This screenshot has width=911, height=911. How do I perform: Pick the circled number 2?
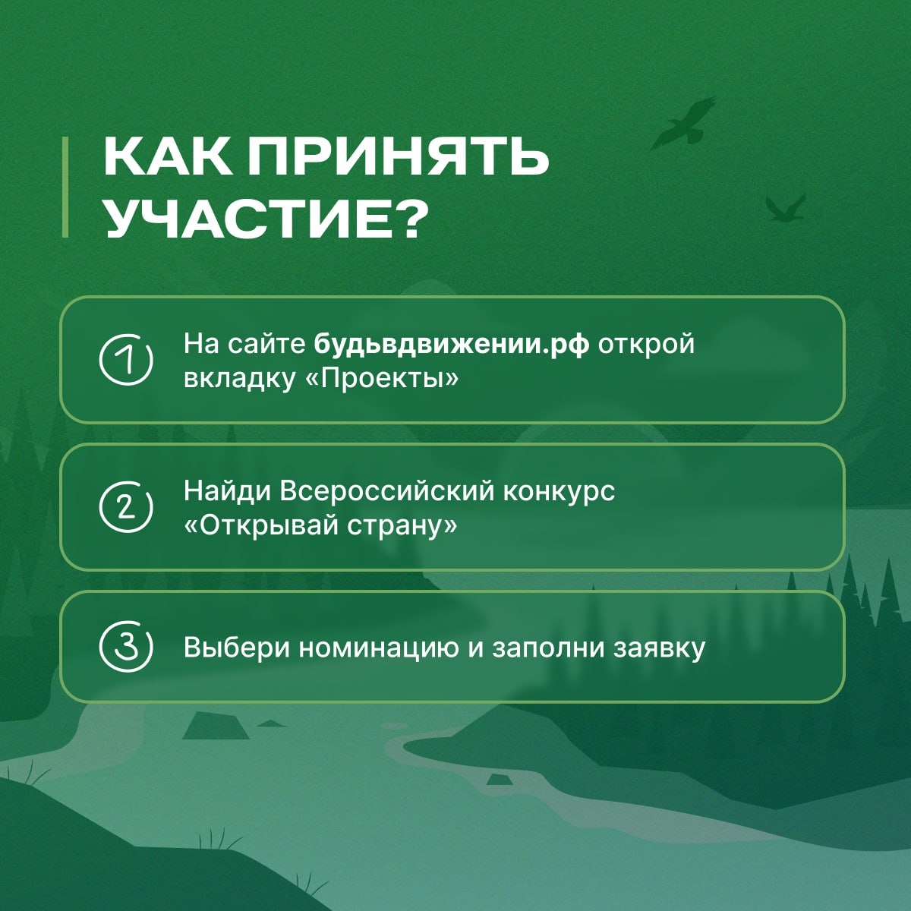126,507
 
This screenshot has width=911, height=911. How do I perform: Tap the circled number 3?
126,646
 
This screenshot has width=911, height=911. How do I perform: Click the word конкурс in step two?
559,492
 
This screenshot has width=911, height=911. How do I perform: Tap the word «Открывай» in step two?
262,525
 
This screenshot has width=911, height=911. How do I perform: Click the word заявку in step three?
659,648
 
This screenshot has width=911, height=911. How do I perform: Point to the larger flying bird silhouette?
682,125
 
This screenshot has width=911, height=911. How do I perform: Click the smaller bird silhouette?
786,208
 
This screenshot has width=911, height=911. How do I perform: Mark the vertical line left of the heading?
65,188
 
